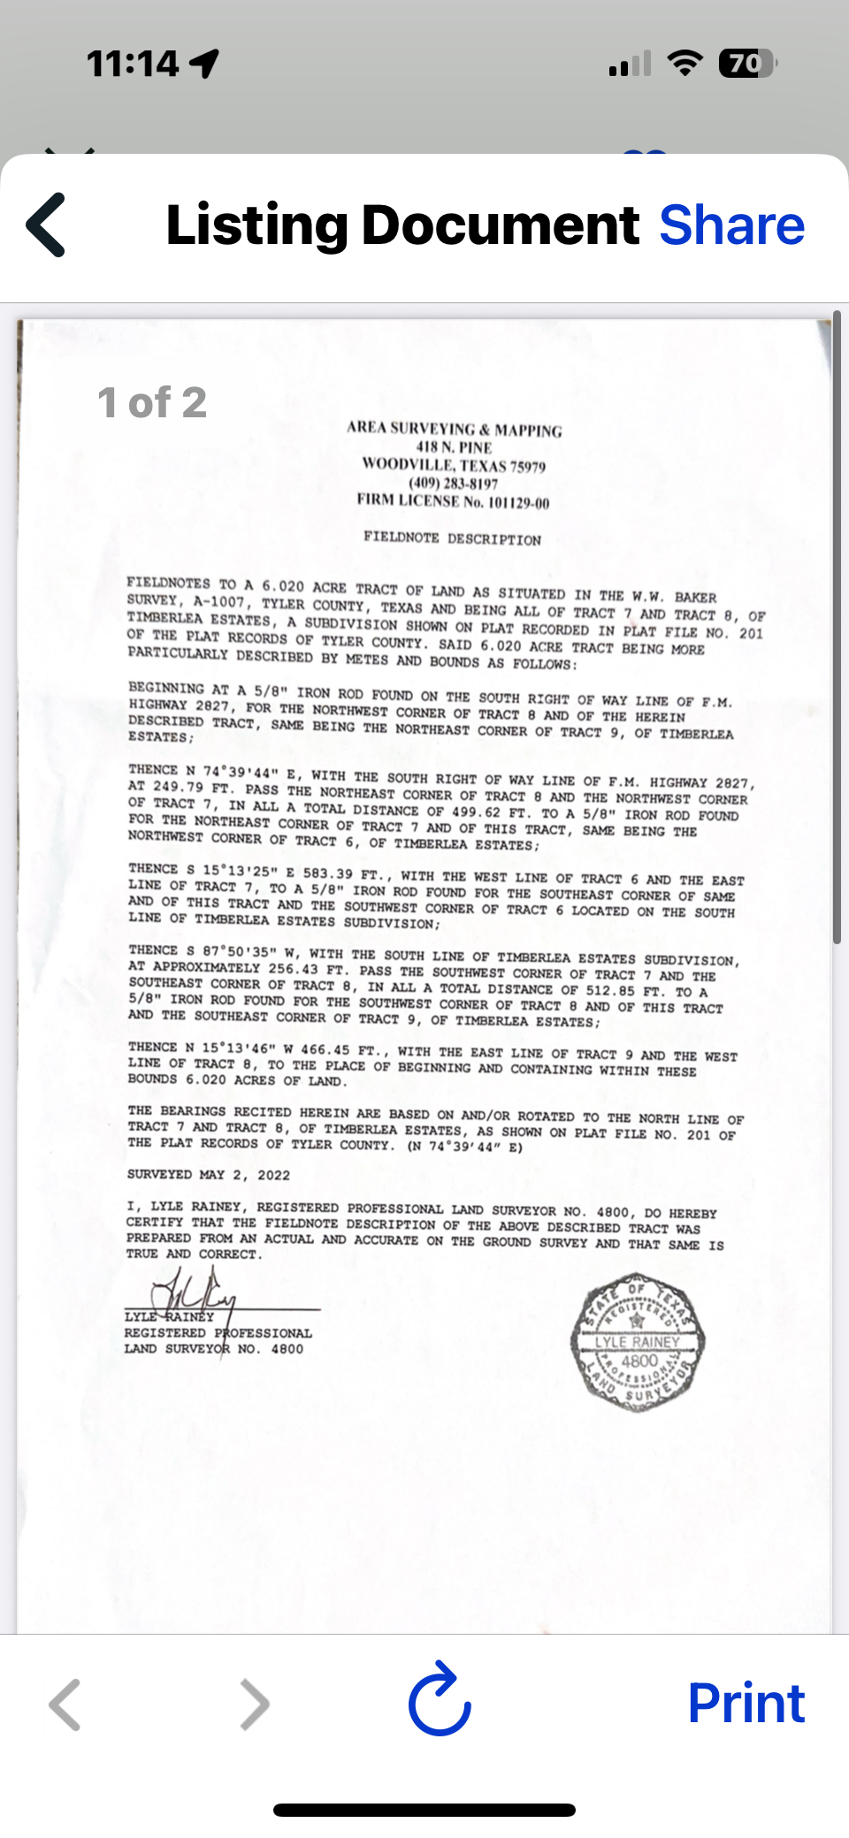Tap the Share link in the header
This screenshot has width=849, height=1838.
coord(731,225)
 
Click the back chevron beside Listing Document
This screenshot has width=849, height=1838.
coord(46,225)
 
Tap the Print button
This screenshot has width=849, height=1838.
coord(746,1703)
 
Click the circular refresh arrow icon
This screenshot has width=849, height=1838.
coord(440,1701)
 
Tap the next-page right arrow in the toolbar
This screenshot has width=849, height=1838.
coord(255,1704)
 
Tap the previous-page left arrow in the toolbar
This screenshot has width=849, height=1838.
coord(65,1704)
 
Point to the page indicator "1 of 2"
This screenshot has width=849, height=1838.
coord(152,403)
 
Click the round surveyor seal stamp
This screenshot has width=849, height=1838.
coord(638,1342)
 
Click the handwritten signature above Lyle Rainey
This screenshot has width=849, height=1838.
coord(195,1292)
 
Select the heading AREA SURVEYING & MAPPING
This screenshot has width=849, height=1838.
coord(454,430)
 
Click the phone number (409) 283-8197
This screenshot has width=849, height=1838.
coord(453,484)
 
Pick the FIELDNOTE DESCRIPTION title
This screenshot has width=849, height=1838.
coord(452,538)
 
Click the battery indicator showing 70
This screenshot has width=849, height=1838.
coord(746,64)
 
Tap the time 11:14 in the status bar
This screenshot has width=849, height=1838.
coord(133,64)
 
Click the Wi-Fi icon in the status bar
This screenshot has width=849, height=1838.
coord(684,64)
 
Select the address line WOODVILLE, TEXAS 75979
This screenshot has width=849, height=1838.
coord(454,465)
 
